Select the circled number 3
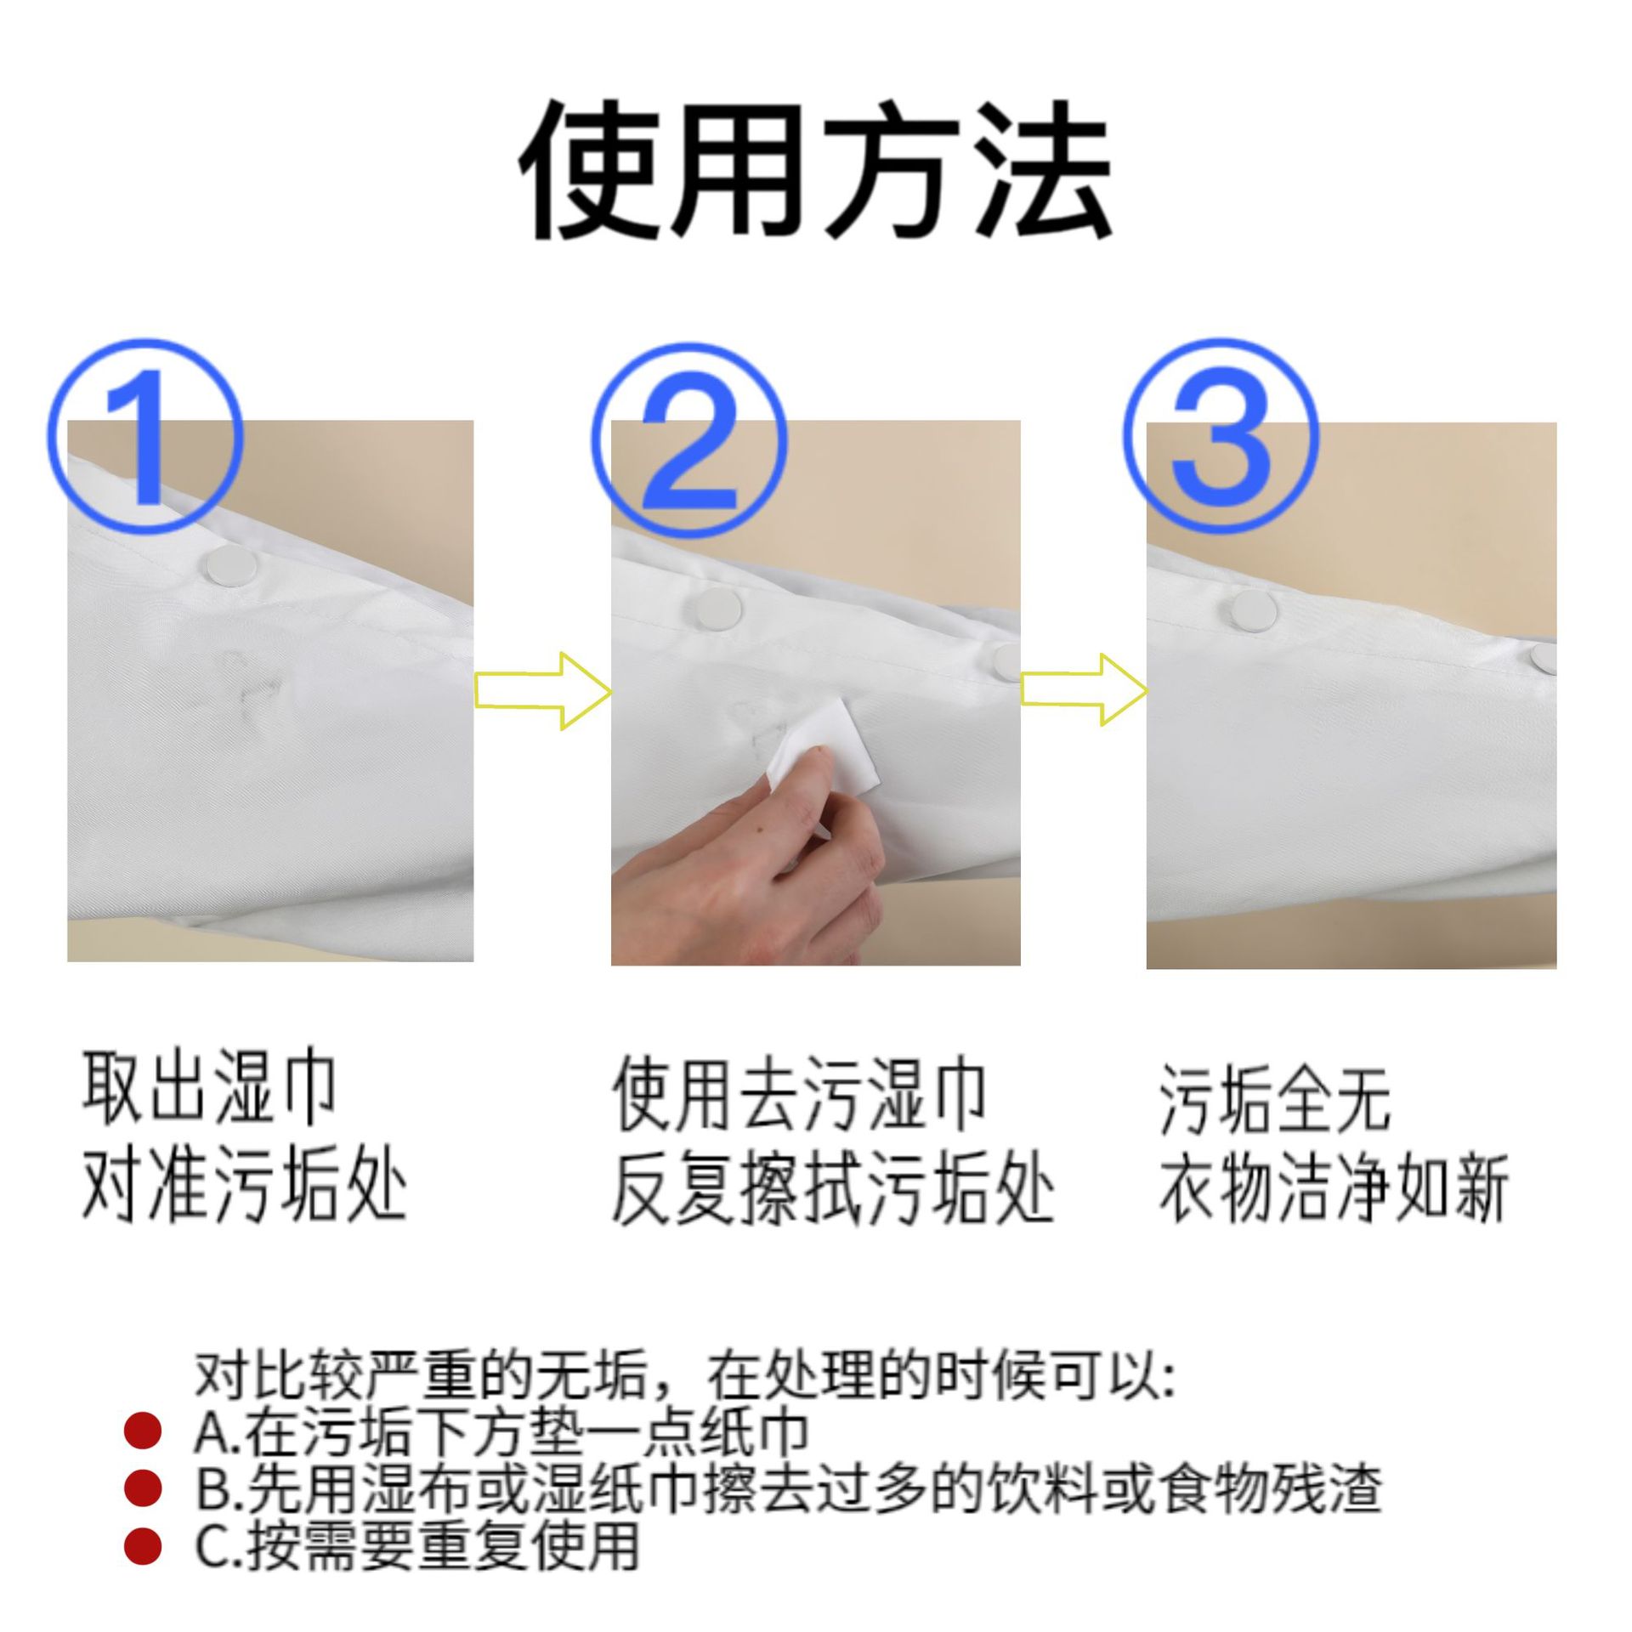click(x=1221, y=435)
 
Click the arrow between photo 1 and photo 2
click(x=542, y=691)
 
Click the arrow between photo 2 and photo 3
click(x=1083, y=690)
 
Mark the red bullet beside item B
click(x=142, y=1487)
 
